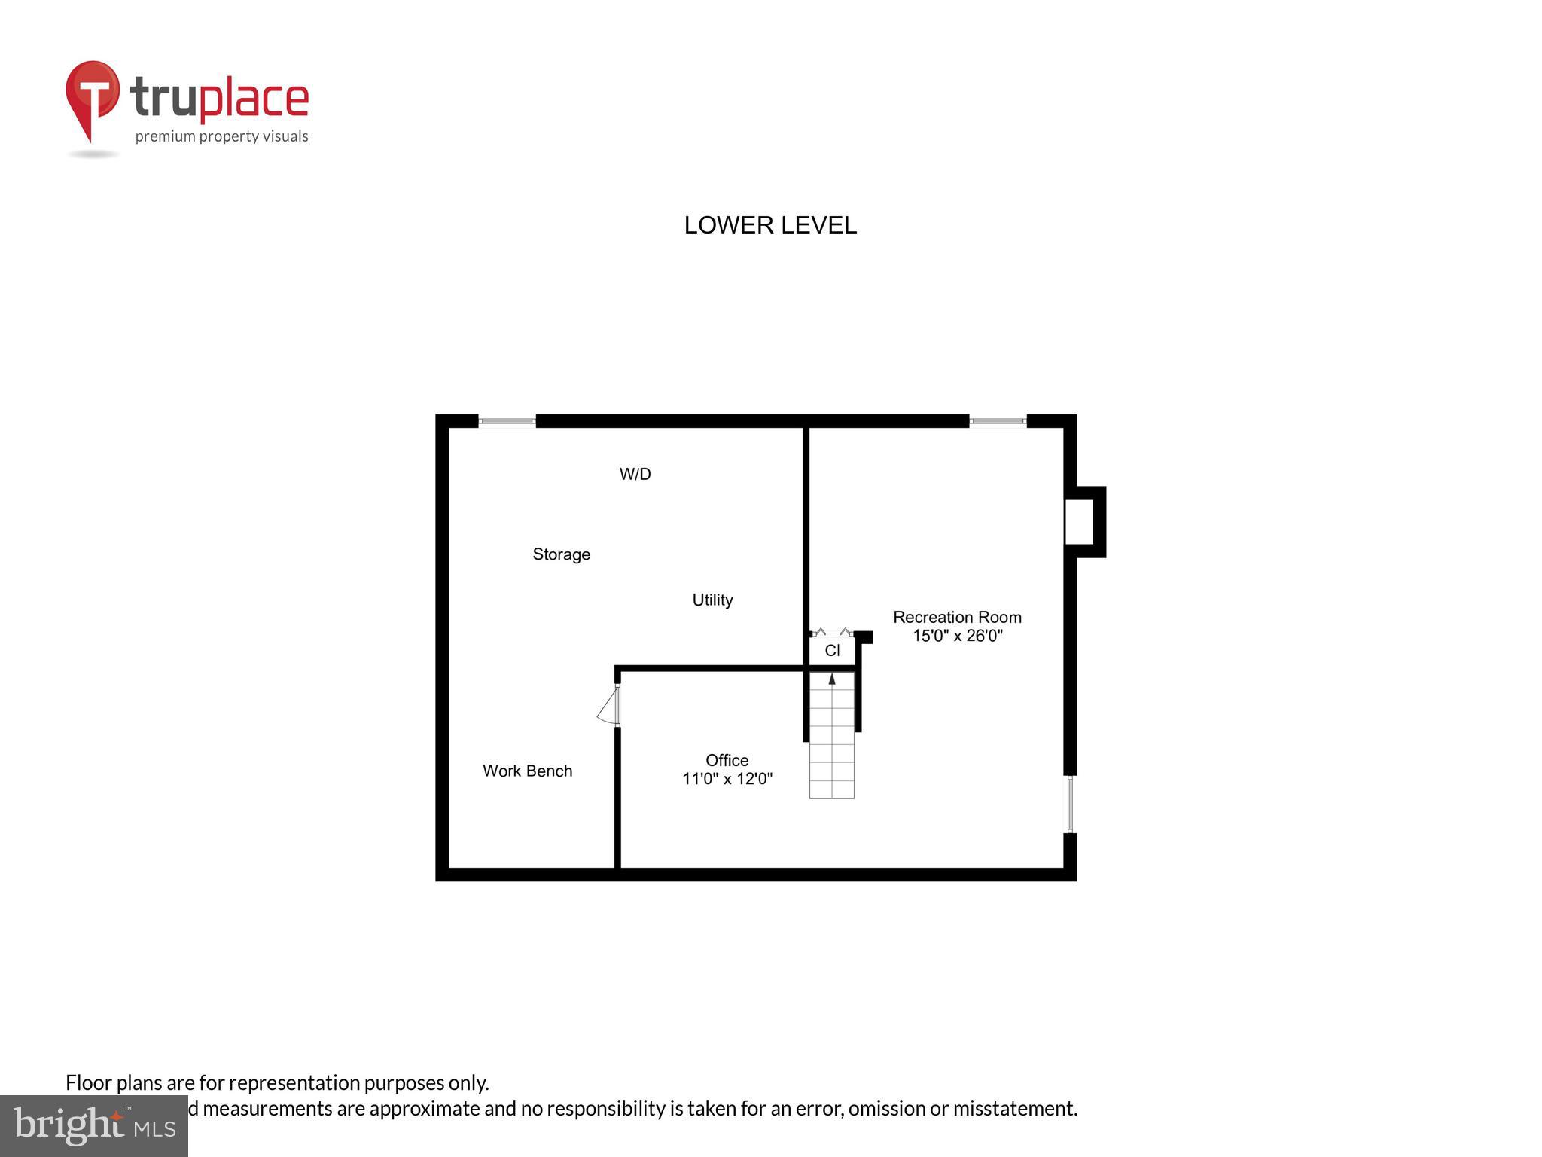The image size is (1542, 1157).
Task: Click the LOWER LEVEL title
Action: pos(769,225)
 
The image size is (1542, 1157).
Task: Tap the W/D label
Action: pos(635,474)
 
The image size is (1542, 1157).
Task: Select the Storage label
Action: pos(561,554)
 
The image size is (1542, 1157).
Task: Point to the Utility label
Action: pos(712,600)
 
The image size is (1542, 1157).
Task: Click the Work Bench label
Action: pos(527,771)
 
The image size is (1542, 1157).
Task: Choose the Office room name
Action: pos(727,760)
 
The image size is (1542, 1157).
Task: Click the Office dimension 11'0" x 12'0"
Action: pos(727,779)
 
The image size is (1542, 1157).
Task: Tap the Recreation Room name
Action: pos(957,617)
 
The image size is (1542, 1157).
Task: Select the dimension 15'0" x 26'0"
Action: pos(957,636)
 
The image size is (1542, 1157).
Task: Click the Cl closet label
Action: pos(832,650)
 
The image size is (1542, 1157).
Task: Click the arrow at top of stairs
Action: pos(832,679)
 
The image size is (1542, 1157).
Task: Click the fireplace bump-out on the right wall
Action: pos(1084,522)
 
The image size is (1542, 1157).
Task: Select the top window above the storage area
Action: pos(507,421)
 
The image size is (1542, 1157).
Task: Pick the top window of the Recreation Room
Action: pos(998,421)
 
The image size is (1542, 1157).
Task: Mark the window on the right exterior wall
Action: pos(1069,804)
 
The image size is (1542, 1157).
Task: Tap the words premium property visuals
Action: pos(221,136)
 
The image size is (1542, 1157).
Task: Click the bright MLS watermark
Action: pos(94,1125)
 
